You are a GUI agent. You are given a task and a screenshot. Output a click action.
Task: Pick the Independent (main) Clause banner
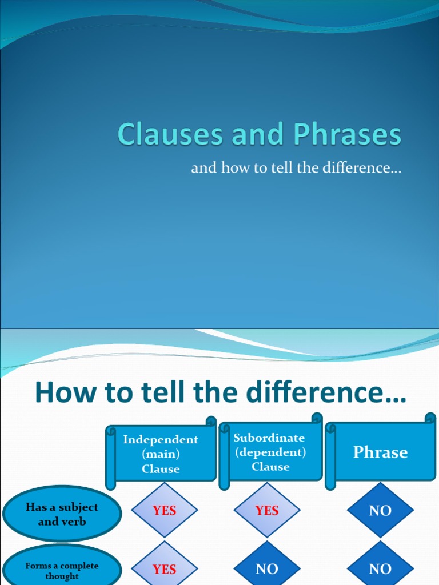161,454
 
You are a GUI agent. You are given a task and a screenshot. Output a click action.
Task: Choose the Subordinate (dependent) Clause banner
270,452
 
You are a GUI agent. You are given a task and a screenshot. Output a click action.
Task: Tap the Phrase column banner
380,452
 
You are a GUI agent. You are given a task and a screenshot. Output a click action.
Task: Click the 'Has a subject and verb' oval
62,514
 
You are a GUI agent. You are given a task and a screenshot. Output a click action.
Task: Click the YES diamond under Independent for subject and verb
165,511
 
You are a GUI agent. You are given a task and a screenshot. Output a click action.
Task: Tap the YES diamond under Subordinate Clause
267,511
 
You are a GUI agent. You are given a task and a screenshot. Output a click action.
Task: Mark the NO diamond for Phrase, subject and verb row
380,511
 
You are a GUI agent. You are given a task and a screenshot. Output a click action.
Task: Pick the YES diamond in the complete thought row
165,568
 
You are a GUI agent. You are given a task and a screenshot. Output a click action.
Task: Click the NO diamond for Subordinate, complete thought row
267,568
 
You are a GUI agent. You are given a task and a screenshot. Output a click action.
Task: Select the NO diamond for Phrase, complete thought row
380,568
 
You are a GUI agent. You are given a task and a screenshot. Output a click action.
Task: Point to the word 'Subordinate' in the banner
269,438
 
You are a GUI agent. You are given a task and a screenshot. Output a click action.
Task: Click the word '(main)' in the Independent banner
161,454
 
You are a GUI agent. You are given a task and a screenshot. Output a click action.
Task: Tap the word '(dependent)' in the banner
270,452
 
